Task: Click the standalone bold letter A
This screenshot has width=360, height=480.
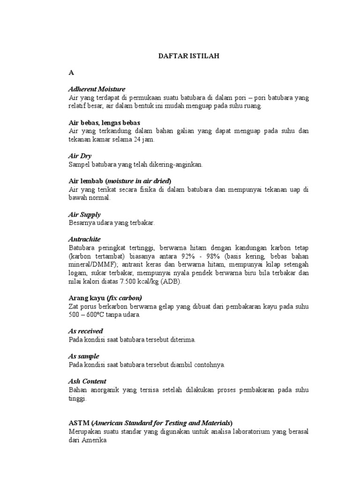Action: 71,73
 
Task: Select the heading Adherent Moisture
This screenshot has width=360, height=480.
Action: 97,89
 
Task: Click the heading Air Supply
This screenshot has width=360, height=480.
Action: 85,214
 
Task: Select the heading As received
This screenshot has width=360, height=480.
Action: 86,331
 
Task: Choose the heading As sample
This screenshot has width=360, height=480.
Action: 84,356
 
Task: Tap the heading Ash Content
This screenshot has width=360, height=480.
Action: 88,381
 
